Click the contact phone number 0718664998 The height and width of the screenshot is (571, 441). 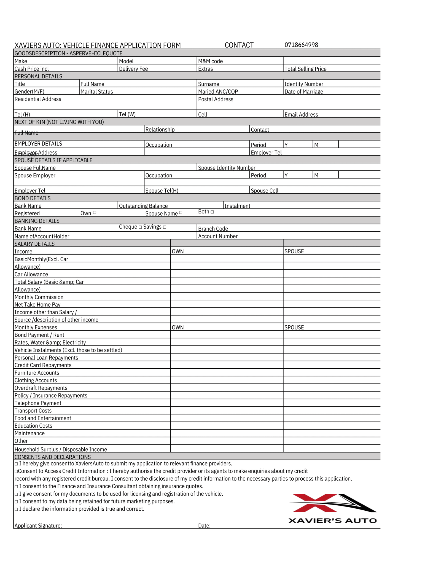[301, 45]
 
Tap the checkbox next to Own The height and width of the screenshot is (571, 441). [95, 213]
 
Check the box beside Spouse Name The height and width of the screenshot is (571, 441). [181, 213]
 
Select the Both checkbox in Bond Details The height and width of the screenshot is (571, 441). [212, 212]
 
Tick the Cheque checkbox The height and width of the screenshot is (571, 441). [140, 227]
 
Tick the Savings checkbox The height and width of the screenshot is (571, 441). [165, 227]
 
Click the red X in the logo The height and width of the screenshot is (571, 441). [314, 503]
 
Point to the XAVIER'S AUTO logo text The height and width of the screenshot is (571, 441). [332, 521]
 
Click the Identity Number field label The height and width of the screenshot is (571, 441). [303, 84]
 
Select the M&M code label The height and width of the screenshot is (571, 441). [210, 61]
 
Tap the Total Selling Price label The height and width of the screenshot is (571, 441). [305, 69]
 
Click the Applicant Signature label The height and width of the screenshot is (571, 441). [38, 526]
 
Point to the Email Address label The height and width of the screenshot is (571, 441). [301, 114]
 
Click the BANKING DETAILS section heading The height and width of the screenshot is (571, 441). [37, 221]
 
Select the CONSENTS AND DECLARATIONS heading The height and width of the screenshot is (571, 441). [52, 457]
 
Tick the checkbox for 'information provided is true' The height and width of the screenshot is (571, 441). [16, 509]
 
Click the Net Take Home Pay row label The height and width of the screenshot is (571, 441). [37, 304]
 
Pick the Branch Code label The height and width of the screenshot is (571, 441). [213, 229]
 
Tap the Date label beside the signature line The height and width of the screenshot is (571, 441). [204, 526]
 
